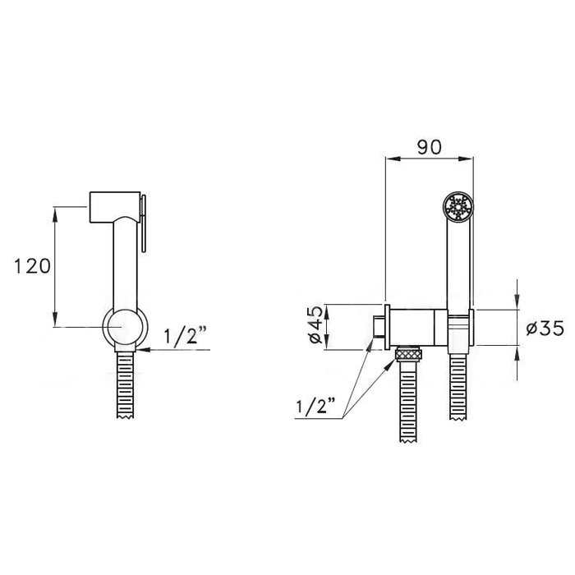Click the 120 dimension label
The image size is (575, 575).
pyautogui.click(x=32, y=266)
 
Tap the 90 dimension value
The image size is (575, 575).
pyautogui.click(x=429, y=147)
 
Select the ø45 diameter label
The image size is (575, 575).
pyautogui.click(x=315, y=324)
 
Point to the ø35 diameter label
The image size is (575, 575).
pyautogui.click(x=545, y=328)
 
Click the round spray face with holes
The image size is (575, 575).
pyautogui.click(x=458, y=207)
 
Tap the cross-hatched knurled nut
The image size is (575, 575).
pyautogui.click(x=407, y=354)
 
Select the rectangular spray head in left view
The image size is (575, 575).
pyautogui.click(x=115, y=206)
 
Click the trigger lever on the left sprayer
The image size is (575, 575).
pyautogui.click(x=143, y=223)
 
